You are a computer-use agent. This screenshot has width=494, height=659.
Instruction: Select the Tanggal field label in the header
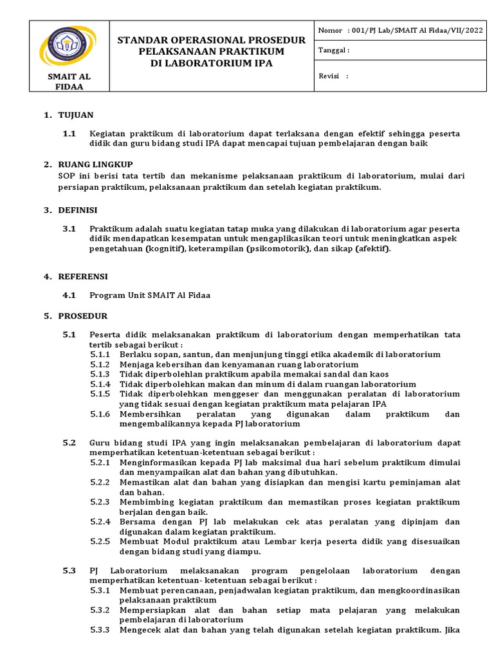coord(334,51)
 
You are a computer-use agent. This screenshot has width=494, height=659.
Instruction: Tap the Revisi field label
coord(333,76)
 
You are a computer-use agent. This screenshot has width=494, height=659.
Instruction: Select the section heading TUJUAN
coord(76,115)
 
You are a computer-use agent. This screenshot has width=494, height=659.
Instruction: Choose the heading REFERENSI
coord(83,276)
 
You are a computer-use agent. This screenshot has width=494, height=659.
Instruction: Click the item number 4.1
coord(69,295)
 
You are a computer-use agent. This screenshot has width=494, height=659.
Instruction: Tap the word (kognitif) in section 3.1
coord(165,248)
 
